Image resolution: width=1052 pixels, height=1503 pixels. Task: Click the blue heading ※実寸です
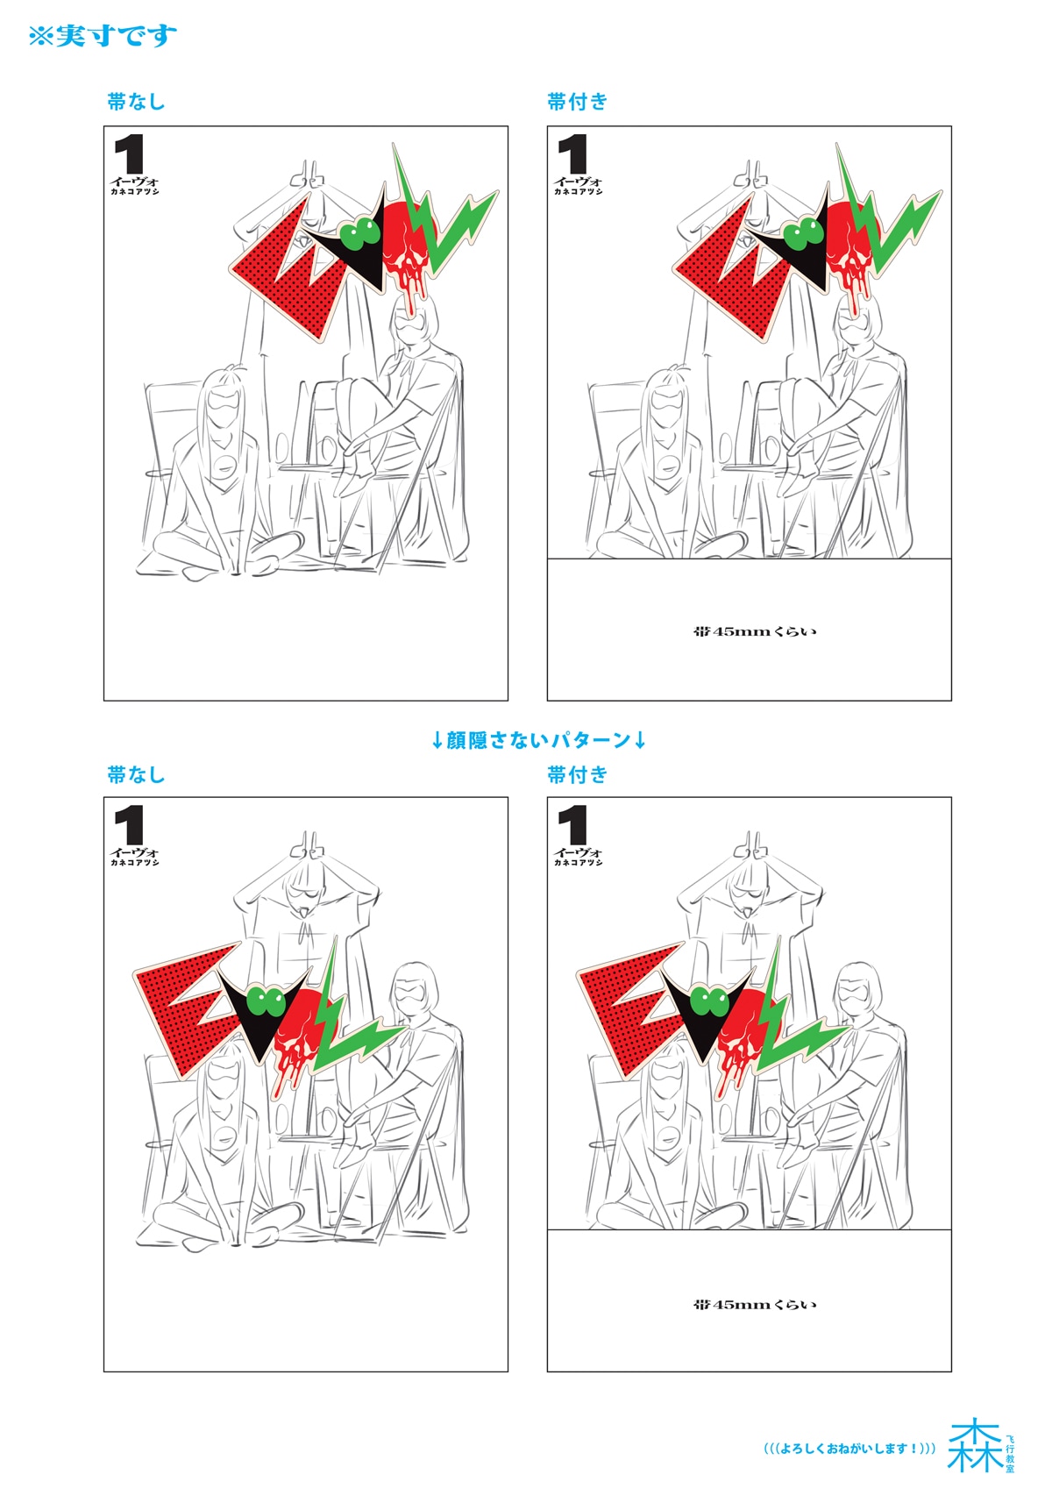[x=103, y=36]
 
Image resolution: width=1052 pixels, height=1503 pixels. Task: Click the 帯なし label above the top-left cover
[x=136, y=102]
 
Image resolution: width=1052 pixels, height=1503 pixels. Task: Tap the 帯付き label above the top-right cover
[x=577, y=102]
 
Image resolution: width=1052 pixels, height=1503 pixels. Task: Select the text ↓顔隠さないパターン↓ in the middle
[x=538, y=740]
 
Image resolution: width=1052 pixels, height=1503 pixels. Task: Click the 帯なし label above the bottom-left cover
[x=136, y=774]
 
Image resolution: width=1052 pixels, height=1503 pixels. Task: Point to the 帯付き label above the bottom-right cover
[x=577, y=774]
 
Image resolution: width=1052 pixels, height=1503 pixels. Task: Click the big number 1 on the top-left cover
[x=130, y=154]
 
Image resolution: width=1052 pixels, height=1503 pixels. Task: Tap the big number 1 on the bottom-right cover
[x=573, y=825]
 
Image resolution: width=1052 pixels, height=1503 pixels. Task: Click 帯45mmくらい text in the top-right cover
[x=754, y=631]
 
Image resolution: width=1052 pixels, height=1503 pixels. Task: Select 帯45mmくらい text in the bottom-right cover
[x=754, y=1305]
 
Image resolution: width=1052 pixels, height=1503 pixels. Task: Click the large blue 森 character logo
[x=974, y=1445]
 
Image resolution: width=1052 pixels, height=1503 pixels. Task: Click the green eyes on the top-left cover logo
[x=361, y=232]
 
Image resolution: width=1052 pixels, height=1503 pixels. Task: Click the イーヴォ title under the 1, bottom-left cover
[x=135, y=851]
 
